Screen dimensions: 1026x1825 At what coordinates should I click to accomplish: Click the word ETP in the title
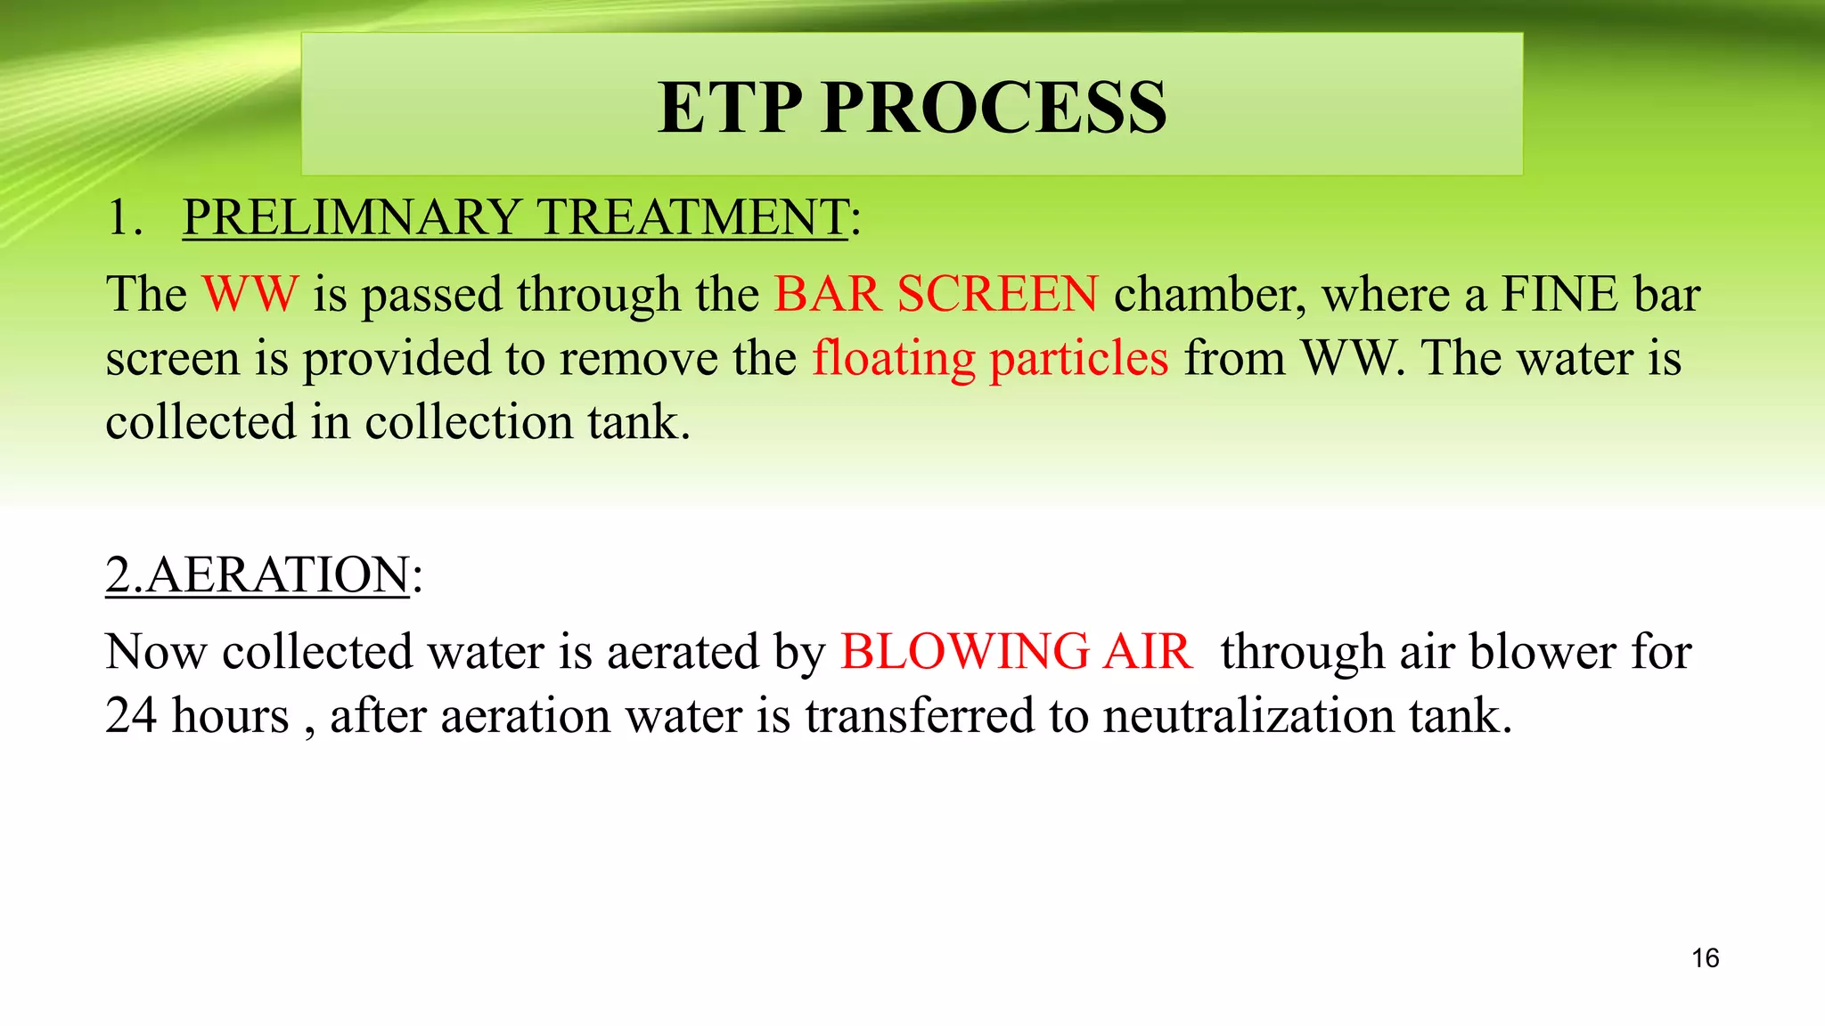tap(730, 108)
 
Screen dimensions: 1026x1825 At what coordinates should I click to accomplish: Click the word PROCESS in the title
tap(994, 108)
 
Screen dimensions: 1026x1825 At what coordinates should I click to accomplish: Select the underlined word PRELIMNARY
tap(351, 217)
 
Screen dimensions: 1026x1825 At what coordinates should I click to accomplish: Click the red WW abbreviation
tap(250, 294)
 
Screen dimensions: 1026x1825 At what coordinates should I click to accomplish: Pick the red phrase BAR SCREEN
tap(936, 294)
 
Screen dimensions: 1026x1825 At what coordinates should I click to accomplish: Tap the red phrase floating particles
tap(989, 359)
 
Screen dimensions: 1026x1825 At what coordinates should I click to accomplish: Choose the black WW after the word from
tap(1351, 358)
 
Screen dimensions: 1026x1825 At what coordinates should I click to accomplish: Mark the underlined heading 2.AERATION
tap(258, 574)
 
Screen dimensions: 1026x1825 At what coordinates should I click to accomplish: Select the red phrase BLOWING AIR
tap(1015, 651)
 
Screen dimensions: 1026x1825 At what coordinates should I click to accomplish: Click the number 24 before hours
tap(130, 715)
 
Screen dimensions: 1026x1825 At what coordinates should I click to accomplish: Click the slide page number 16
tap(1705, 958)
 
